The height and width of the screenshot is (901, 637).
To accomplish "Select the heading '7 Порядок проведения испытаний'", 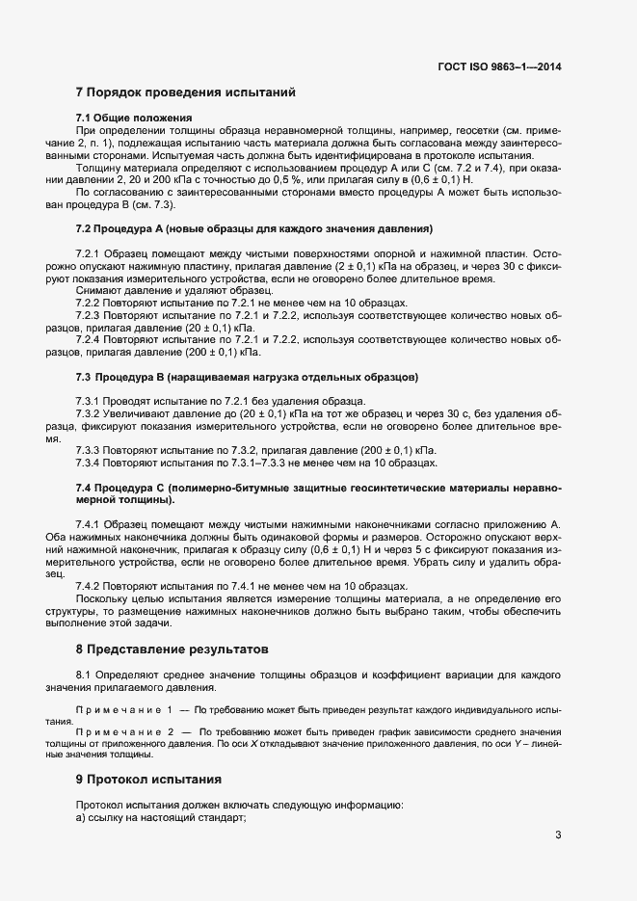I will pos(185,93).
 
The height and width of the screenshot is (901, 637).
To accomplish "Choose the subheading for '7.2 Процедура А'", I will pos(254,228).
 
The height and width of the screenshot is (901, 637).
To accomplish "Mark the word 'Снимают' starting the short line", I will pos(99,290).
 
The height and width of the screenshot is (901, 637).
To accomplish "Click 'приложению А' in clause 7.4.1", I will pos(526,524).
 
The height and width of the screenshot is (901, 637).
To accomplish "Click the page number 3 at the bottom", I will pos(558,835).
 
